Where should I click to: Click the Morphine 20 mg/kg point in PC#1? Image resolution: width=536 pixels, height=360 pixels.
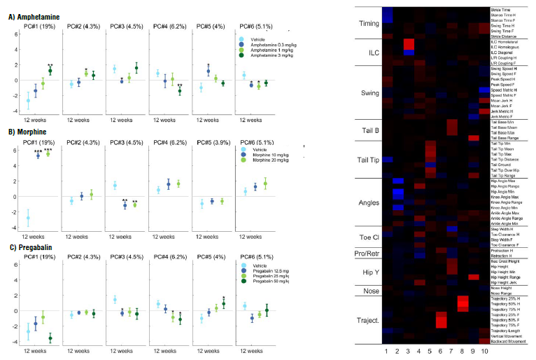click(48, 154)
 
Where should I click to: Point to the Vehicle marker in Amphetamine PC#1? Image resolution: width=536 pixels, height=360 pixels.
click(29, 101)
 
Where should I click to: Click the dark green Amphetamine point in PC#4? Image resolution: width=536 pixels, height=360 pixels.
click(180, 91)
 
